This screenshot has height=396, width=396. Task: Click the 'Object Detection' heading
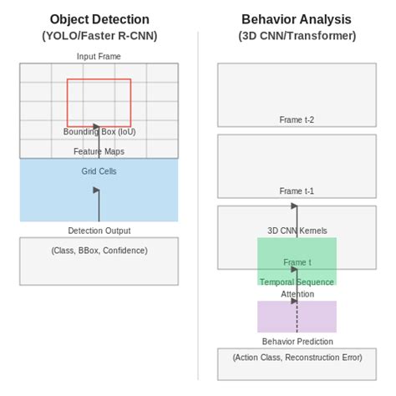tap(99, 19)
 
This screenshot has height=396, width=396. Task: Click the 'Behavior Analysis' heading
tap(297, 19)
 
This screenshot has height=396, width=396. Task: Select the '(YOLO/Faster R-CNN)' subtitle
tap(99, 36)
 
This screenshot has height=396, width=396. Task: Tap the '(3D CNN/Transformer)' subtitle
tap(297, 36)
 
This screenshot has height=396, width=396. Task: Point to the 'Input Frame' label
tap(99, 56)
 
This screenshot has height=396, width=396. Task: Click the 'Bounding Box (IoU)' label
tap(99, 132)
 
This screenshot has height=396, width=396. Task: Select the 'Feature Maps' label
tap(99, 151)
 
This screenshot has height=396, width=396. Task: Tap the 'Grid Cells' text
tap(99, 171)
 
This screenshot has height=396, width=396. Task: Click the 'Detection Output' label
tap(99, 231)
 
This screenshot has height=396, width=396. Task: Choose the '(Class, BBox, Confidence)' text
tap(99, 250)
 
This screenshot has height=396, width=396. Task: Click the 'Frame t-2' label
tap(297, 119)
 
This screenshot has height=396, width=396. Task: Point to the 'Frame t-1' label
tap(297, 191)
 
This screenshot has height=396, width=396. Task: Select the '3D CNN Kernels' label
tap(297, 231)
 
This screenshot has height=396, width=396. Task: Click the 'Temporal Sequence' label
tap(297, 282)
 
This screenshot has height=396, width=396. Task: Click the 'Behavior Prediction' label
tap(297, 341)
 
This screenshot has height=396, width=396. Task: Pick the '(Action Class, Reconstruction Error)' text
tap(297, 357)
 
